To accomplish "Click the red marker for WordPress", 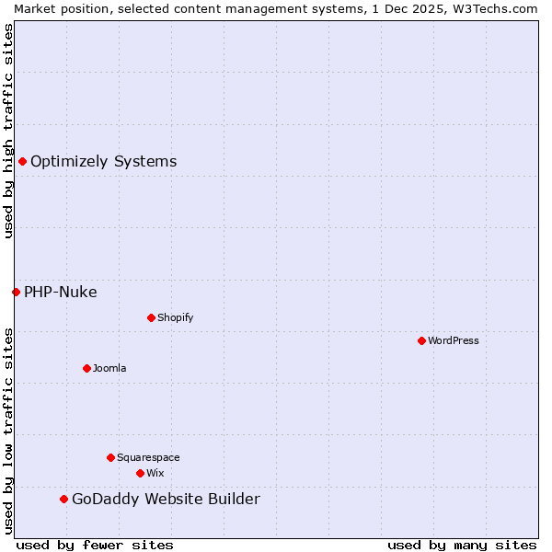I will coord(421,340).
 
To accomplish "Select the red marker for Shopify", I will coord(151,317).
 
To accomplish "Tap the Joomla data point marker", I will coord(86,368).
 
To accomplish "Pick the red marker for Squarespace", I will coord(110,457).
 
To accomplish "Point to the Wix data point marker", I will coord(140,473).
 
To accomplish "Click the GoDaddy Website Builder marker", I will coord(63,499).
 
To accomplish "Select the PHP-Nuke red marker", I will coord(16,292).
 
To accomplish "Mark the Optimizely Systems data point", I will coord(22,161).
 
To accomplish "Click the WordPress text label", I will coord(454,340).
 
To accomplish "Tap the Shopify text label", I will coord(175,317).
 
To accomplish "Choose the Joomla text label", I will coord(109,368).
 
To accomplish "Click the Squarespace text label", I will coord(148,457).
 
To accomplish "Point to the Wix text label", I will coord(155,473).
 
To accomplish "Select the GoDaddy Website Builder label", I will coord(166,499).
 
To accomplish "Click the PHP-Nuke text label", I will coord(60,292).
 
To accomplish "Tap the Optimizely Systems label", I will coord(103,161).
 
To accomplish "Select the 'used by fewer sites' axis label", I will coord(95,545).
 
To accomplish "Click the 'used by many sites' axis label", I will coord(462,545).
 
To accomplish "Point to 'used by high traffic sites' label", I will coord(8,131).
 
